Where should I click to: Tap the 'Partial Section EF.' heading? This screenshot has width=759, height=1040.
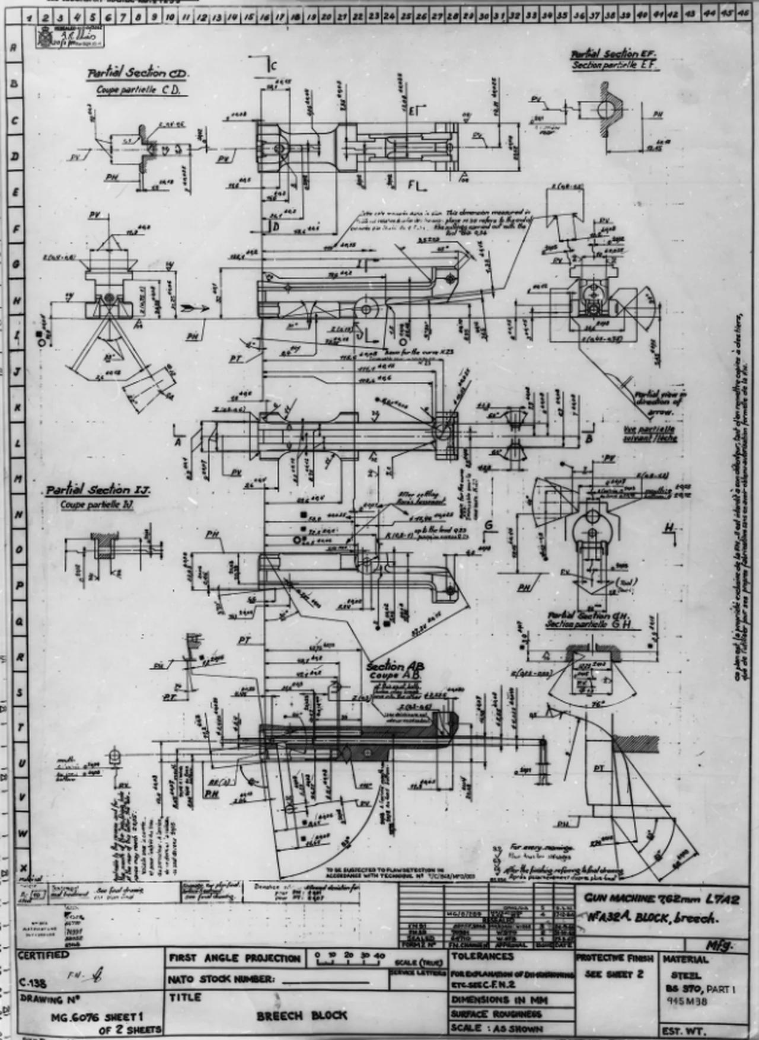(613, 54)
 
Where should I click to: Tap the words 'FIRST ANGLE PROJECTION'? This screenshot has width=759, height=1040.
(235, 958)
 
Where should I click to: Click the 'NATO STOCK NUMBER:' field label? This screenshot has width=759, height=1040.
(221, 979)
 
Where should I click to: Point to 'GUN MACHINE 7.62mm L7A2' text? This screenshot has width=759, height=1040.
(661, 898)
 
